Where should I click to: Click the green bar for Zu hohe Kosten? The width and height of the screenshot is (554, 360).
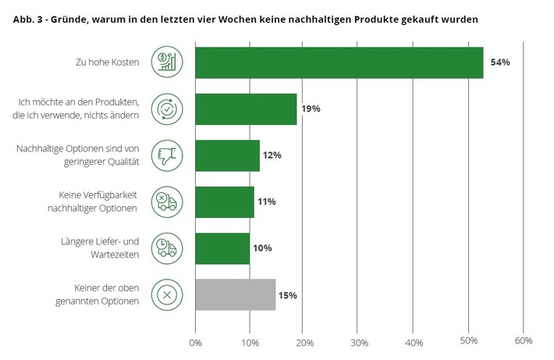(339, 62)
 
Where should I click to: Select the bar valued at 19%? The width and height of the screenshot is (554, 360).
(246, 109)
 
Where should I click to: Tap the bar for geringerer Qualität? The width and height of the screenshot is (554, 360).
(227, 155)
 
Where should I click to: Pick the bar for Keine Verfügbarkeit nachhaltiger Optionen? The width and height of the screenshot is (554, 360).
(224, 201)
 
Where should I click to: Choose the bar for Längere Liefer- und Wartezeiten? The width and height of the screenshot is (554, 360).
(222, 248)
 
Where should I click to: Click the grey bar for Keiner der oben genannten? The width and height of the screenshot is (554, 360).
(235, 294)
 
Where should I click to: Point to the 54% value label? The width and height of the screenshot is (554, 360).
(499, 62)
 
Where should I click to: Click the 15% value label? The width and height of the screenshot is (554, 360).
(287, 295)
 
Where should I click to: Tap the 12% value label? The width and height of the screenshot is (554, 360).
(271, 155)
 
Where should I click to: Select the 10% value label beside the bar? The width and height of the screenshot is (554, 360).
(261, 248)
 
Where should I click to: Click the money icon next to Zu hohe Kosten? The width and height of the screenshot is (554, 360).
(167, 62)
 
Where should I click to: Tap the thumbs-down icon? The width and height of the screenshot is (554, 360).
(167, 155)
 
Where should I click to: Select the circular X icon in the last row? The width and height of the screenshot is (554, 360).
(167, 295)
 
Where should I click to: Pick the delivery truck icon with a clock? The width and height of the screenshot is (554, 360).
(167, 248)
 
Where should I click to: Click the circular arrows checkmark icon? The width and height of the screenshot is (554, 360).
(167, 109)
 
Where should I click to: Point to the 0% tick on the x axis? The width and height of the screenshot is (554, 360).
(195, 341)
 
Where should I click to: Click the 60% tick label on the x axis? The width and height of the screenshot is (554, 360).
(523, 341)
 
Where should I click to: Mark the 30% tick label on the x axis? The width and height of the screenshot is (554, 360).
(359, 341)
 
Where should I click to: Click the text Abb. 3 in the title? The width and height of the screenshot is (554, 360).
(28, 18)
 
